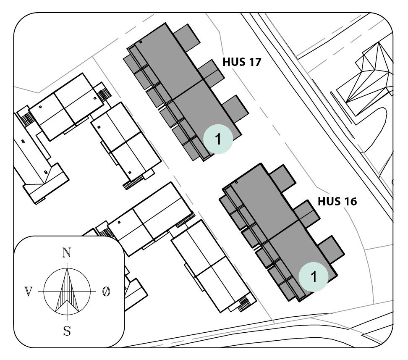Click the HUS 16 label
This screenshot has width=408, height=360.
tap(337, 202)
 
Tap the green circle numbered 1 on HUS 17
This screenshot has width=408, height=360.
tap(218, 139)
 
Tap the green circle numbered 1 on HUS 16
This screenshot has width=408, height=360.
tap(313, 276)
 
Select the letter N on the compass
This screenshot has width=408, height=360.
tap(66, 252)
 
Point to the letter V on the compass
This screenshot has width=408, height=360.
tap(28, 292)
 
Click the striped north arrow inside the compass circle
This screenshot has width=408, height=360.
tap(67, 290)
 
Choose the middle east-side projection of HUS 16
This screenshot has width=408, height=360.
tap(307, 214)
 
